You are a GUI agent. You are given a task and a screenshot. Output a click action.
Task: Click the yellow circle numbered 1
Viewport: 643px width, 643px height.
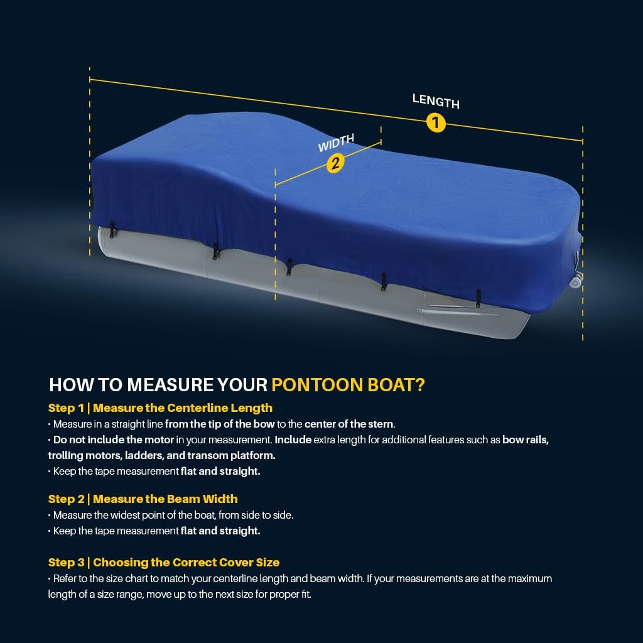click(436, 122)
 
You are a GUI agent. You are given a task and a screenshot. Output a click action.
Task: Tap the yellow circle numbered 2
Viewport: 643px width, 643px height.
click(335, 163)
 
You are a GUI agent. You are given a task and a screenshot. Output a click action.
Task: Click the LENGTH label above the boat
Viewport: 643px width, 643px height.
click(436, 101)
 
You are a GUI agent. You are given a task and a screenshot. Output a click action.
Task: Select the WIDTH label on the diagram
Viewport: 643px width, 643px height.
click(336, 143)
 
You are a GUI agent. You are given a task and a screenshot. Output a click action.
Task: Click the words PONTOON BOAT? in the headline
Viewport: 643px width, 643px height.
click(348, 385)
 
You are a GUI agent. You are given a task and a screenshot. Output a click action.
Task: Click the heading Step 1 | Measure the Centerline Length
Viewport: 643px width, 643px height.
click(160, 408)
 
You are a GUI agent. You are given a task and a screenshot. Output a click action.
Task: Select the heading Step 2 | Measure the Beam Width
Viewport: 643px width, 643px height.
click(143, 499)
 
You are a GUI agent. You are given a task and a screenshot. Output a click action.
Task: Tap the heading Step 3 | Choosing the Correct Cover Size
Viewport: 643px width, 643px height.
click(164, 563)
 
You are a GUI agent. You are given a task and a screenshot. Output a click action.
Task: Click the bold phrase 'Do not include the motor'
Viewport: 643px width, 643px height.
click(114, 440)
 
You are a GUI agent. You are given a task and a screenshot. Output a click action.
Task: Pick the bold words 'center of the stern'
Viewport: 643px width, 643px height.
click(349, 424)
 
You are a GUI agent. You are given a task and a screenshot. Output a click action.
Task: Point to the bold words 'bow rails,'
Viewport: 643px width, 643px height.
click(526, 440)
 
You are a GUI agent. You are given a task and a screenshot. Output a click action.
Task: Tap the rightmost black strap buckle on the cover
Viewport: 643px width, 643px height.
click(478, 298)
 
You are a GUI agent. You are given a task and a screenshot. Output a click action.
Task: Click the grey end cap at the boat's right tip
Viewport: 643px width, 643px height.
click(576, 281)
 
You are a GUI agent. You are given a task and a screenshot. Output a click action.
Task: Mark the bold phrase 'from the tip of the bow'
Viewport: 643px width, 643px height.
click(219, 424)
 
